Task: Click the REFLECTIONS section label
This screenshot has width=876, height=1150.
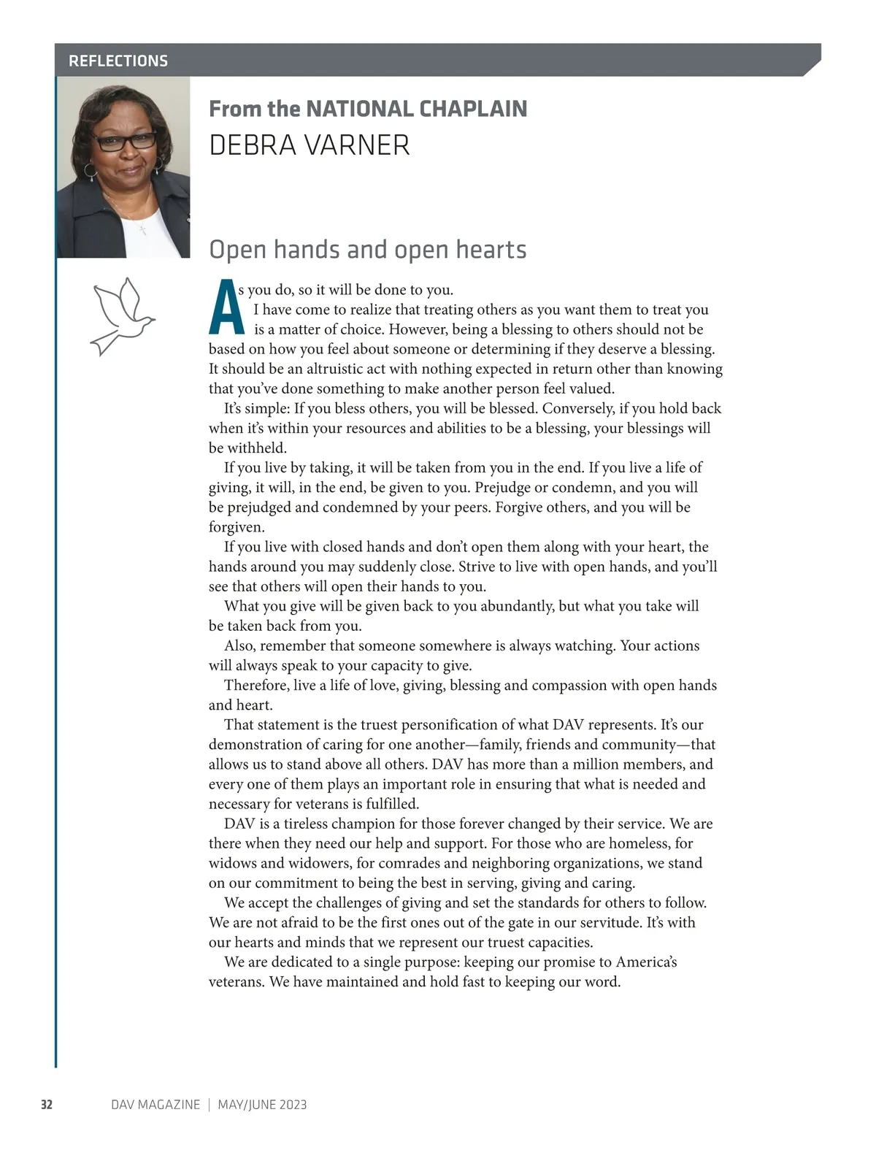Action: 118,61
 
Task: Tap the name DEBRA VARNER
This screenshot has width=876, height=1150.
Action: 309,145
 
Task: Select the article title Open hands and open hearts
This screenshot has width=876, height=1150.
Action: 367,250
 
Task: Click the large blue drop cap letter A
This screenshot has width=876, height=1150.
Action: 226,307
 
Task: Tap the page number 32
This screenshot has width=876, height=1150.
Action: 46,1105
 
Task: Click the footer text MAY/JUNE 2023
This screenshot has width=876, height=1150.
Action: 262,1105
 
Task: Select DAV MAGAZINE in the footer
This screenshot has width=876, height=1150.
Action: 155,1105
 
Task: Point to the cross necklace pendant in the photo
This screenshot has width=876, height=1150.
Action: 143,230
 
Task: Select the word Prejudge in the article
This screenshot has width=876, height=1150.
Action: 504,487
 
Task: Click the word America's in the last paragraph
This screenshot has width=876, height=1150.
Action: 646,962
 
